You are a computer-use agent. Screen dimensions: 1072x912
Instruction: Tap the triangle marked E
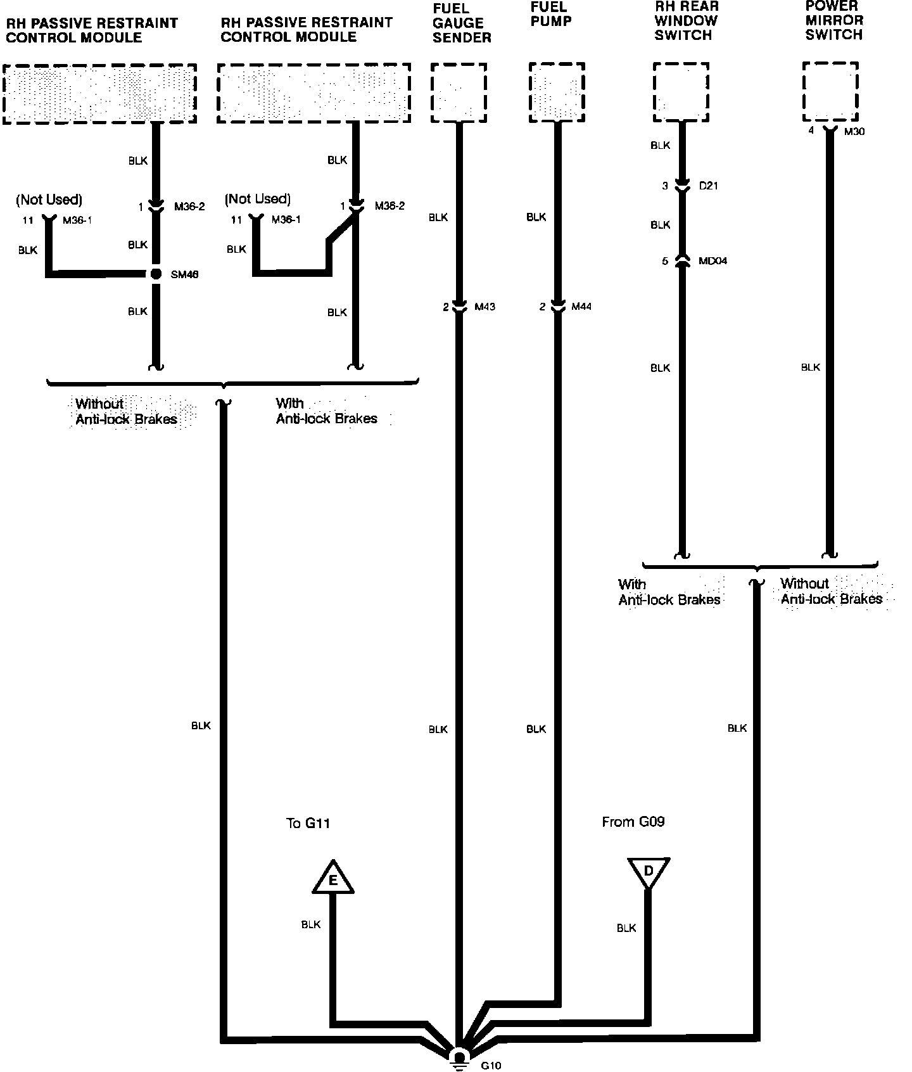[x=332, y=879]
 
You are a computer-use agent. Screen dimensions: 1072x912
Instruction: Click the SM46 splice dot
[x=155, y=274]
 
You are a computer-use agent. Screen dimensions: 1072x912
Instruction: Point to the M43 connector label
[x=484, y=307]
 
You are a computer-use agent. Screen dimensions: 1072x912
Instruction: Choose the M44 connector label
[x=581, y=307]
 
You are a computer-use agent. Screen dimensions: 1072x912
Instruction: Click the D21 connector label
[x=708, y=186]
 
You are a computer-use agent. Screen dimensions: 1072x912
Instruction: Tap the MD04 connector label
[x=712, y=260]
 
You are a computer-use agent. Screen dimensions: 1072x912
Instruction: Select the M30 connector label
[x=854, y=131]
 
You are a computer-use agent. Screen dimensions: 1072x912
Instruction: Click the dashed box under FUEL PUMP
[x=557, y=92]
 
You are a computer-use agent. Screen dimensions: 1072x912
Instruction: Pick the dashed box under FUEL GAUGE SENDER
[x=459, y=93]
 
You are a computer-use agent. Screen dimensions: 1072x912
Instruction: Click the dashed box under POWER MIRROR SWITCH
[x=830, y=91]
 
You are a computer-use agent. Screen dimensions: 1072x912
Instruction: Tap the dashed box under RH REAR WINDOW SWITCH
[x=681, y=92]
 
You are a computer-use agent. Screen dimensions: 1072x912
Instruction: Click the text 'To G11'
[x=308, y=823]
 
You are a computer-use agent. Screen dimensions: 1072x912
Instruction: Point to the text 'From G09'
[x=633, y=822]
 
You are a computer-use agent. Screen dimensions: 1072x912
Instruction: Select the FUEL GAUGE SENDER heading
[x=462, y=23]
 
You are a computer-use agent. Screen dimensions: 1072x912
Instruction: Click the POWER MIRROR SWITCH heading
[x=833, y=20]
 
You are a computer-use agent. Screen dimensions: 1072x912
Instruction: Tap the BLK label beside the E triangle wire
[x=311, y=925]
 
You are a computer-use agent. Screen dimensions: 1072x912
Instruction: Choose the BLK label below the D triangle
[x=626, y=928]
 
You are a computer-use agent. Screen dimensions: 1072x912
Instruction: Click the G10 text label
[x=491, y=1066]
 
